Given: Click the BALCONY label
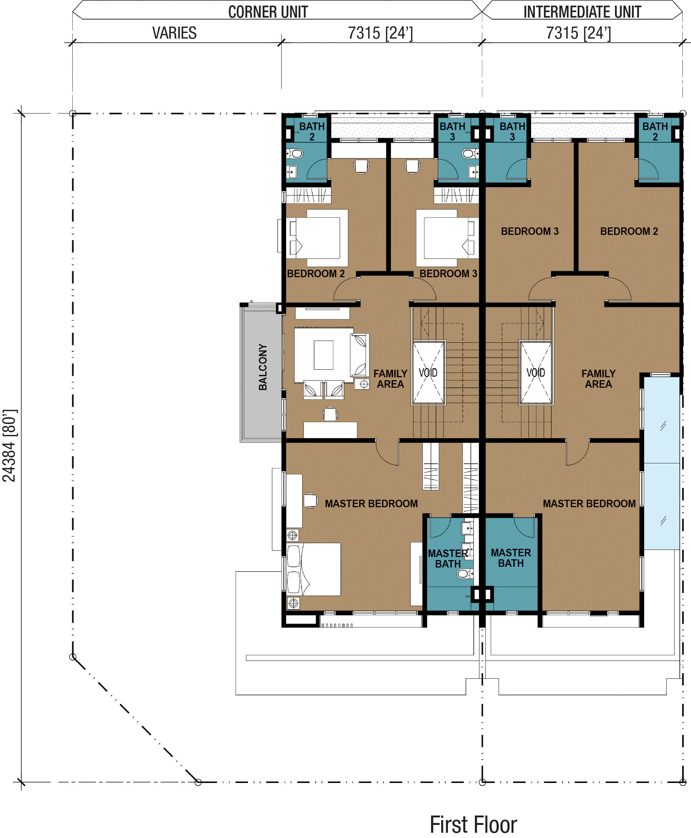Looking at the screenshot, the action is click(263, 367).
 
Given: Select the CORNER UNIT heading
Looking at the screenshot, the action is click(268, 12).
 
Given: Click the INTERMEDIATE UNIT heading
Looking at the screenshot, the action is click(582, 12).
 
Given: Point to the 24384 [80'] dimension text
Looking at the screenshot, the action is click(9, 445).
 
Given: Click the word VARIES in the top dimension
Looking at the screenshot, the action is click(175, 33).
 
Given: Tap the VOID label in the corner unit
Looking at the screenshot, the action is click(428, 373).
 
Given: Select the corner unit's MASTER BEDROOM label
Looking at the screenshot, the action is click(371, 503).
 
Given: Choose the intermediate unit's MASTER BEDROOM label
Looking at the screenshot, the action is click(589, 503).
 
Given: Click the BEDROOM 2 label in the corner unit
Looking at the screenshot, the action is click(316, 273).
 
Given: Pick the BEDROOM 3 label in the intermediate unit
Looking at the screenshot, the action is click(530, 231).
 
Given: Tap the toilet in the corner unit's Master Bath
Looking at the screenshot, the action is click(464, 574).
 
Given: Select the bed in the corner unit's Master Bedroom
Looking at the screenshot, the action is click(313, 569).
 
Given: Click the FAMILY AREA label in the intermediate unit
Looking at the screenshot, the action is click(598, 379).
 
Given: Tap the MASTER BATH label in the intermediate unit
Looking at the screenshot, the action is click(511, 558).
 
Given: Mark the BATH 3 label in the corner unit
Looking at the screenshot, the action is click(452, 131).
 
